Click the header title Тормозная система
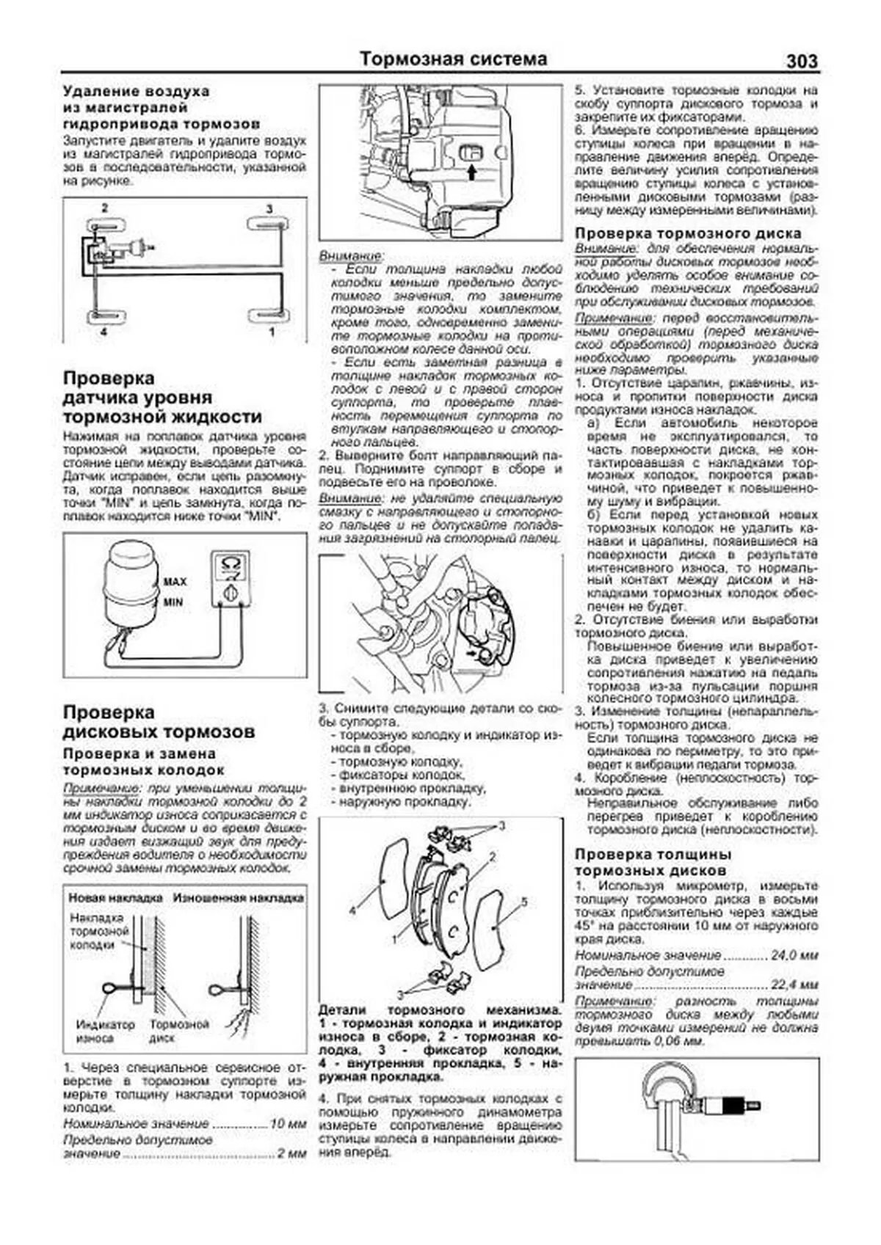pyautogui.click(x=453, y=59)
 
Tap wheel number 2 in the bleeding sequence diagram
pyautogui.click(x=105, y=208)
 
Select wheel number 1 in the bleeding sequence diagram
pyautogui.click(x=272, y=332)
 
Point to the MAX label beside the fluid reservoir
pyautogui.click(x=175, y=582)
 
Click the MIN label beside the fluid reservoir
pyautogui.click(x=173, y=602)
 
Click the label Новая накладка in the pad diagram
pyautogui.click(x=115, y=897)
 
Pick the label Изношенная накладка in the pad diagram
pyautogui.click(x=238, y=897)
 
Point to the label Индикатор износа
pyautogui.click(x=106, y=1031)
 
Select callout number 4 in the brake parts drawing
pyautogui.click(x=352, y=910)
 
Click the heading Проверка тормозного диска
pyautogui.click(x=688, y=233)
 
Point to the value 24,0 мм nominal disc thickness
pyautogui.click(x=794, y=955)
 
